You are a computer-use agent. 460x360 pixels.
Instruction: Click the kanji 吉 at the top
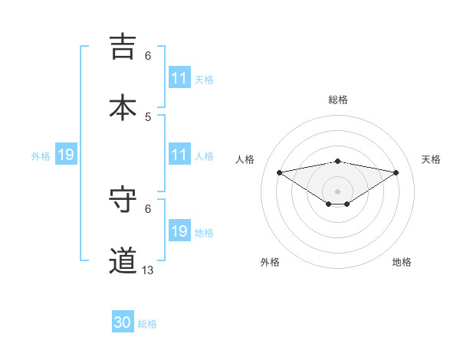(x=123, y=47)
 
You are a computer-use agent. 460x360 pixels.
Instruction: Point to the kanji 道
(x=123, y=260)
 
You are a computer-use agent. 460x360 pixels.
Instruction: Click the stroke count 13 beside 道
(x=148, y=270)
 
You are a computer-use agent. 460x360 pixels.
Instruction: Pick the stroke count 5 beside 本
(x=148, y=116)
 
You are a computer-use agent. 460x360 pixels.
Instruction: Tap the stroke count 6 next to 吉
(x=148, y=55)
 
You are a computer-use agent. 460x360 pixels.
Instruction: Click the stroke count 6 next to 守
(x=148, y=208)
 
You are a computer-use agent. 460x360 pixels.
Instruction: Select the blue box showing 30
(x=123, y=323)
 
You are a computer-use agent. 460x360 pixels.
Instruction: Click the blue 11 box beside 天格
(x=179, y=78)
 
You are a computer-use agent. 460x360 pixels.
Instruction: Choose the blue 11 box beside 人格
(x=179, y=155)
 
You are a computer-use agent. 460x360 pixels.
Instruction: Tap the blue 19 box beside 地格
(x=179, y=231)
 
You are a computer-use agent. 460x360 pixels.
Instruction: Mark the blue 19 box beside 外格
(x=66, y=155)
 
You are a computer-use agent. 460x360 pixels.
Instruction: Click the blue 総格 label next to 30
(x=147, y=324)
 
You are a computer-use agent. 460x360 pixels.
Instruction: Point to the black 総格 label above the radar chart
(x=338, y=100)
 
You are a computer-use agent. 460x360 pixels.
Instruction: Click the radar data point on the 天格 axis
(x=396, y=172)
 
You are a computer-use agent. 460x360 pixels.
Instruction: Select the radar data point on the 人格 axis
(x=280, y=172)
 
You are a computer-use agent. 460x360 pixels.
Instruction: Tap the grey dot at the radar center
(x=338, y=191)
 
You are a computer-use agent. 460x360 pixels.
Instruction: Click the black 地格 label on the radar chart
(x=402, y=262)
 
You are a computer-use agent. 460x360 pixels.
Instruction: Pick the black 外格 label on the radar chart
(x=270, y=262)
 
